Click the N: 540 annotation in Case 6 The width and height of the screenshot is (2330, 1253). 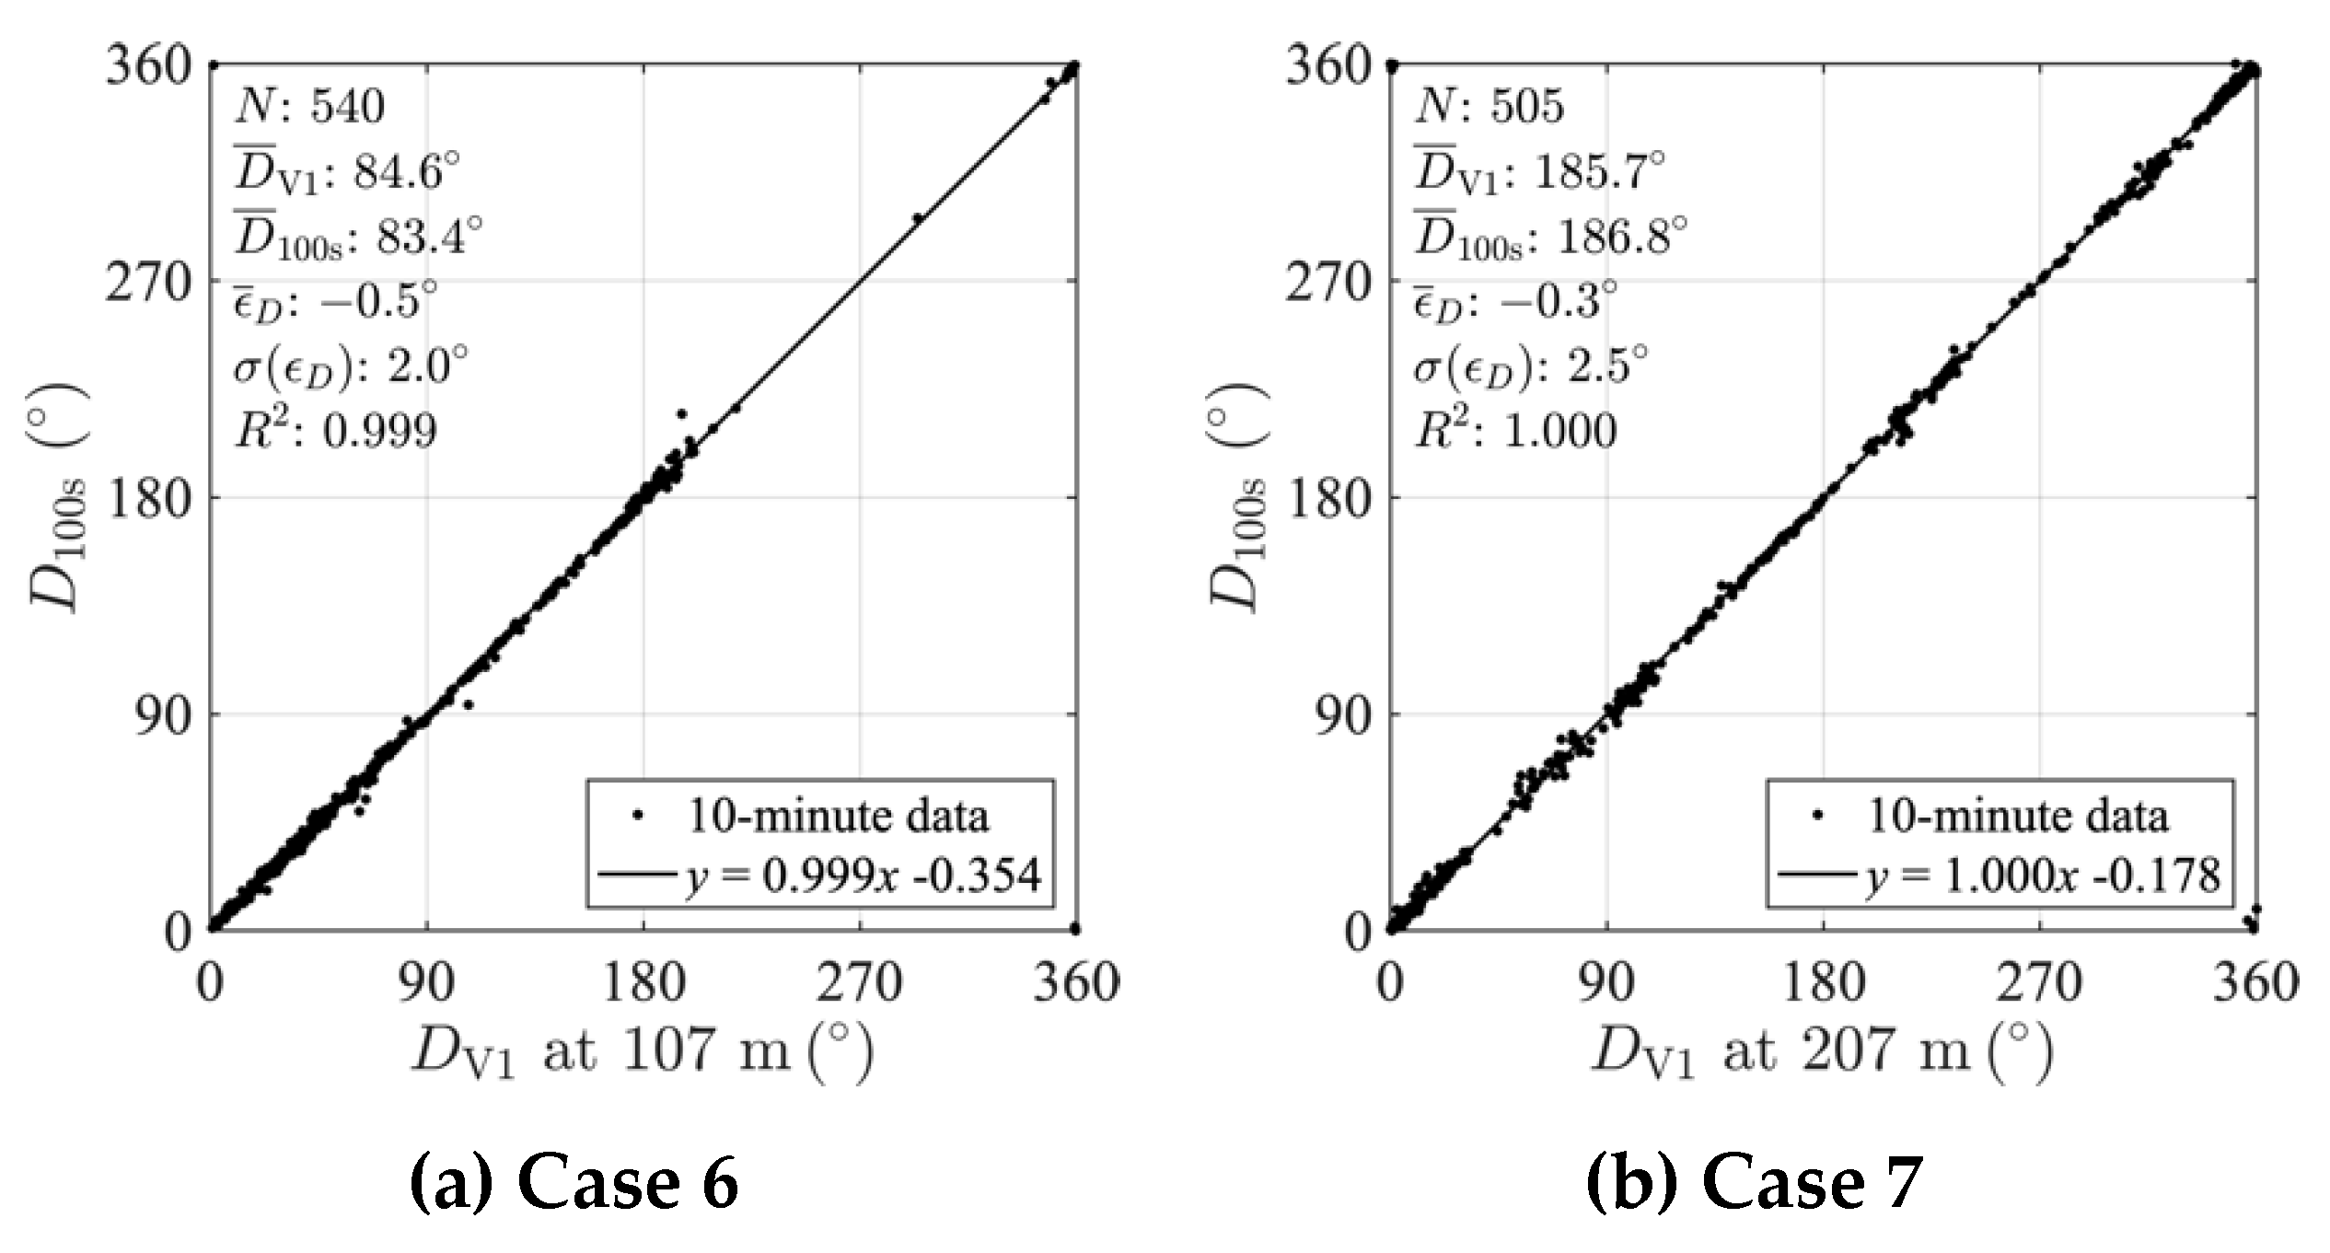pos(309,107)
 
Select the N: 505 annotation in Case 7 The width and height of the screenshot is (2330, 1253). pos(1489,107)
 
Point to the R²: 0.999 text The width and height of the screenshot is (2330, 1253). pos(335,430)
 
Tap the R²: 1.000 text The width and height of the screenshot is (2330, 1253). pos(1514,430)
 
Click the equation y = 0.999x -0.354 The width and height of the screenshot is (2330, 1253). pos(863,876)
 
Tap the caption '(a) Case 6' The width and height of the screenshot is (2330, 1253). pos(574,1183)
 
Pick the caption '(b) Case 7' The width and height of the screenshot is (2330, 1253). pos(1754,1183)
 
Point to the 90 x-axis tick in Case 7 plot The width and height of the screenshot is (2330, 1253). pos(1607,983)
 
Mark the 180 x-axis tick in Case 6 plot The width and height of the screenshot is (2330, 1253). pos(643,983)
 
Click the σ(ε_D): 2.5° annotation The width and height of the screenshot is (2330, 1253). pos(1530,366)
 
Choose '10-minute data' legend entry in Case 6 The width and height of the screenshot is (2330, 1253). pos(838,817)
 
